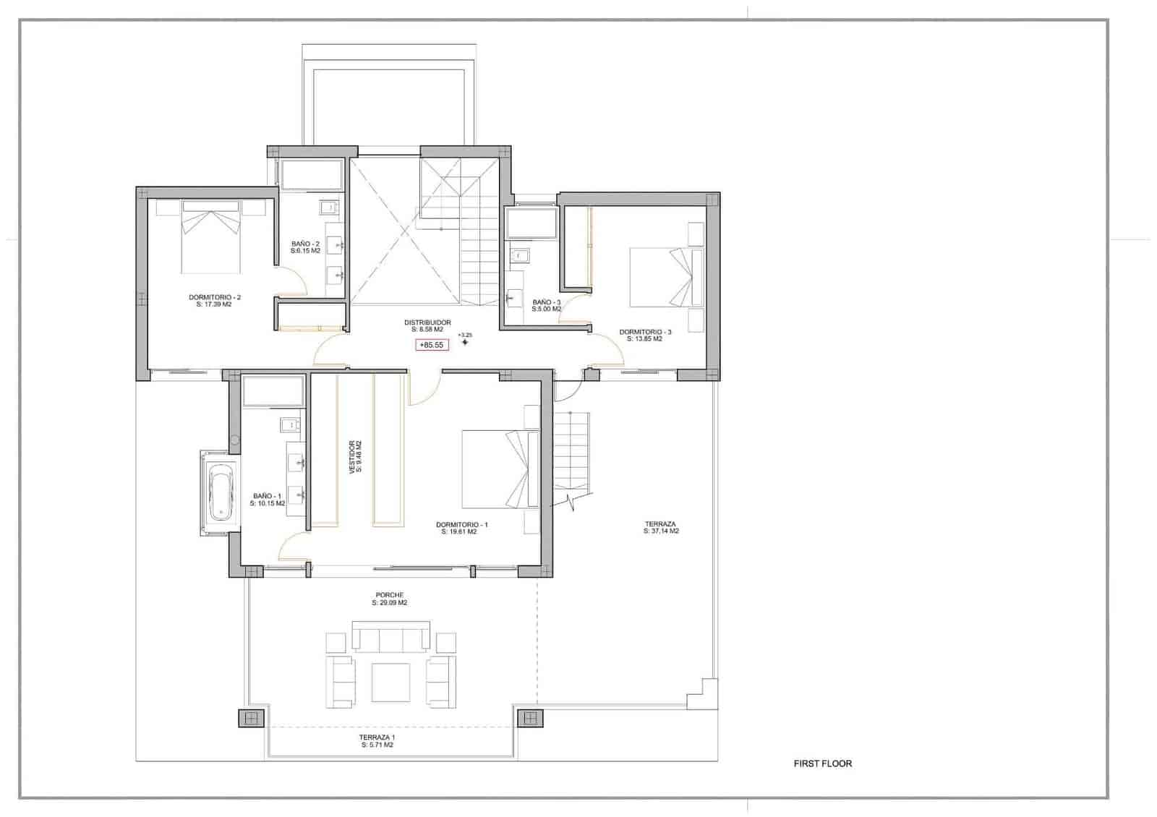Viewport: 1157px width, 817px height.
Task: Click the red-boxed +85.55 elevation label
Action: [x=432, y=345]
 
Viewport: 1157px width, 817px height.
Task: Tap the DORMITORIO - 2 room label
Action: [x=214, y=301]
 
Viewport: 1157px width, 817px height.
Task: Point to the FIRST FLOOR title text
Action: [x=822, y=763]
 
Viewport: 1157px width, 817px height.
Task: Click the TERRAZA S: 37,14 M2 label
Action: [x=660, y=527]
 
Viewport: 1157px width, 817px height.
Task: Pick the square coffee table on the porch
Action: [x=390, y=682]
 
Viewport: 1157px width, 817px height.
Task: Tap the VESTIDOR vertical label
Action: [x=355, y=457]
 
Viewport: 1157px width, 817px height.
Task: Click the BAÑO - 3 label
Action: [x=546, y=305]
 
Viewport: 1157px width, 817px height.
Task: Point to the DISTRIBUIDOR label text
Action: [x=427, y=325]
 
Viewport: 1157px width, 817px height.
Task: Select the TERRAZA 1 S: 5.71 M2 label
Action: [x=377, y=741]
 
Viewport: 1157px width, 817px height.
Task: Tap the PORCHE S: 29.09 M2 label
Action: [x=389, y=599]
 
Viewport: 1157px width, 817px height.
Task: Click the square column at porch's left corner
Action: [x=251, y=718]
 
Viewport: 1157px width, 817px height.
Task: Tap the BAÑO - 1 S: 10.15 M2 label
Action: [x=267, y=500]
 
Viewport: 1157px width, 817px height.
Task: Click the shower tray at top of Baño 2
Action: [x=311, y=175]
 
